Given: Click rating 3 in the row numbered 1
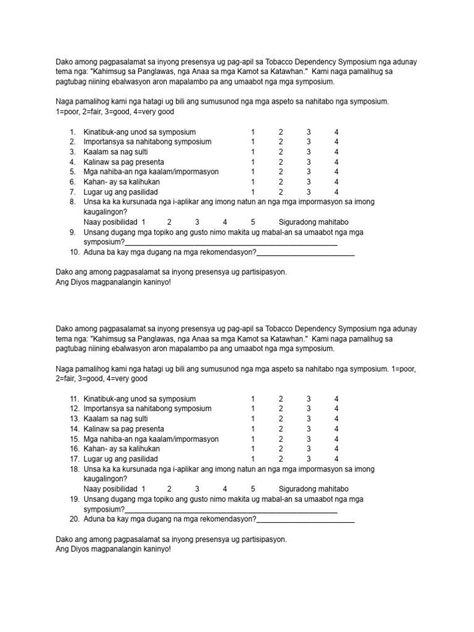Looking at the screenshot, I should (x=309, y=132).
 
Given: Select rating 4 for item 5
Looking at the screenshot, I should (x=336, y=172).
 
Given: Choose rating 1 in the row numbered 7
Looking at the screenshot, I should (x=252, y=192).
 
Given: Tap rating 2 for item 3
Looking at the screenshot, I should (x=280, y=152).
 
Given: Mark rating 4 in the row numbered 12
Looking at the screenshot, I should (x=336, y=409).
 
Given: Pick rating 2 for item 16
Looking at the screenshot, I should (x=280, y=449).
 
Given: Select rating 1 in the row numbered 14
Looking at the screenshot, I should (x=252, y=429).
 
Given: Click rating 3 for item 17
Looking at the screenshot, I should (x=309, y=459).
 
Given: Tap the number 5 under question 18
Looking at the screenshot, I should (x=253, y=489).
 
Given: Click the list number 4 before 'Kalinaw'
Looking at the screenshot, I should (x=72, y=162).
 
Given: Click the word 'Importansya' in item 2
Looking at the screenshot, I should (x=104, y=142).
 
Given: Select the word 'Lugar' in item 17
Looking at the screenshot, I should (x=93, y=459).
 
